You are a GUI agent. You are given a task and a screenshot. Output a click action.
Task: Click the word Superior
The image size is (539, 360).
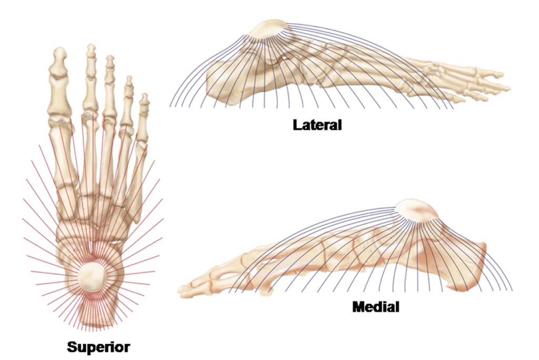98,346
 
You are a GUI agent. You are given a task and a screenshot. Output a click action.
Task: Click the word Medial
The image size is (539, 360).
375,306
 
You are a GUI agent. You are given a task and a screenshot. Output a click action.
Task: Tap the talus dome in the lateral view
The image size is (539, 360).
268,31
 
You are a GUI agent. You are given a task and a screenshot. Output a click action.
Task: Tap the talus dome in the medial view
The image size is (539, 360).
417,210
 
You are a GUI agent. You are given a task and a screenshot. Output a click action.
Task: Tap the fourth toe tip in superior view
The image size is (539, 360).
128,82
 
